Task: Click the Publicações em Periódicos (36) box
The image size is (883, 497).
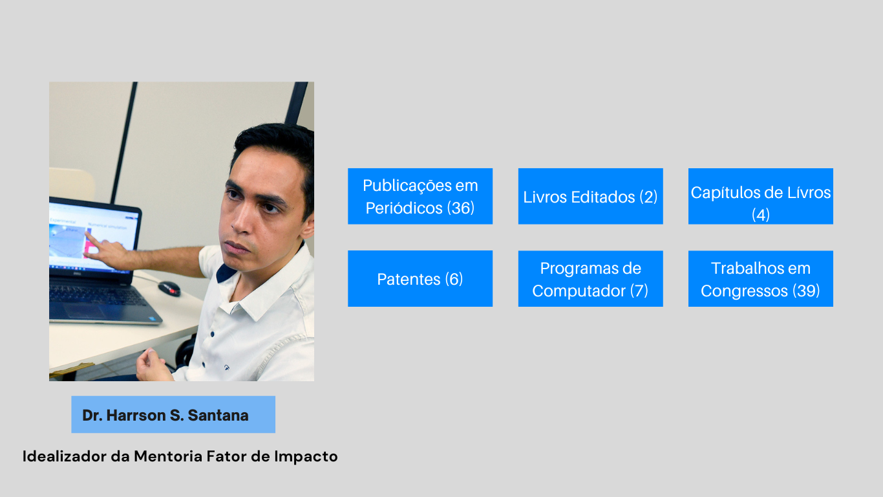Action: (x=420, y=196)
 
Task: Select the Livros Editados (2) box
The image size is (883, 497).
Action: (x=591, y=196)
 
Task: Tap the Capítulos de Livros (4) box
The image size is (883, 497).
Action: (x=761, y=196)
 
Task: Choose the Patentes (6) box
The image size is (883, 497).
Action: (x=420, y=279)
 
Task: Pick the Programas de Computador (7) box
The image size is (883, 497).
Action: (x=591, y=279)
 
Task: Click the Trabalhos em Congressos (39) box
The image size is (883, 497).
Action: (x=761, y=279)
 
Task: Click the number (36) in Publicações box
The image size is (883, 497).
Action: (x=460, y=208)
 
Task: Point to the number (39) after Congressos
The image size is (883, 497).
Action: (x=806, y=291)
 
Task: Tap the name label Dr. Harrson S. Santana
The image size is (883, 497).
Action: (x=173, y=415)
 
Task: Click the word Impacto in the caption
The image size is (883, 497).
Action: (x=306, y=457)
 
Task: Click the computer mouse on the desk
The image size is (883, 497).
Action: (x=169, y=289)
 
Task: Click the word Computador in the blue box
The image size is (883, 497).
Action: (x=579, y=291)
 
